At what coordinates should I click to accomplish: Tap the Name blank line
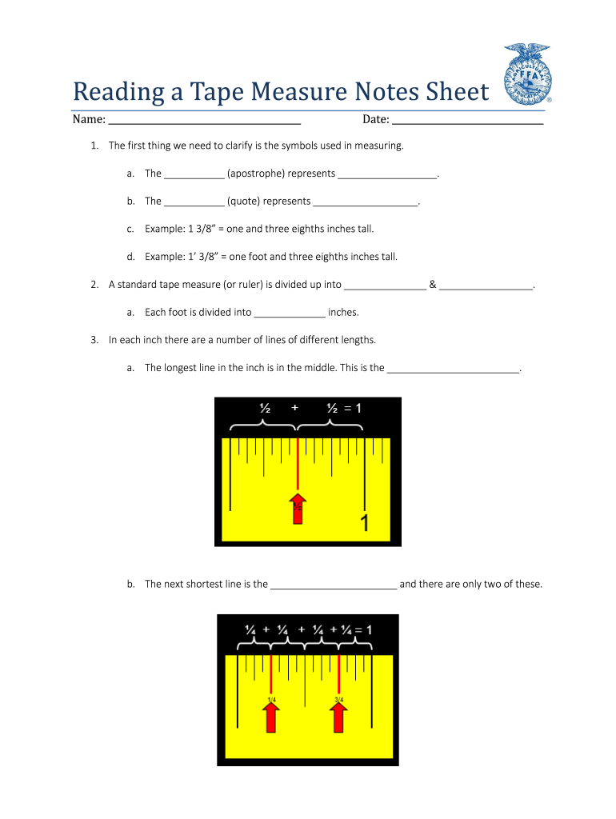(204, 122)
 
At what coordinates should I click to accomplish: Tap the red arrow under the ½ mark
(298, 509)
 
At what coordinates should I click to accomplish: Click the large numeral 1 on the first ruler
(365, 525)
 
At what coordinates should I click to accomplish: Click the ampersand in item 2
(433, 285)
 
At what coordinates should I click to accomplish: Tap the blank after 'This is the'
(454, 370)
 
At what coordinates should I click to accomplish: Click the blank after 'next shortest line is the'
(334, 585)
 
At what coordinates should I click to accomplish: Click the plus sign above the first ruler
(295, 408)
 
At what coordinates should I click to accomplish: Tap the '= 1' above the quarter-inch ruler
(362, 629)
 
